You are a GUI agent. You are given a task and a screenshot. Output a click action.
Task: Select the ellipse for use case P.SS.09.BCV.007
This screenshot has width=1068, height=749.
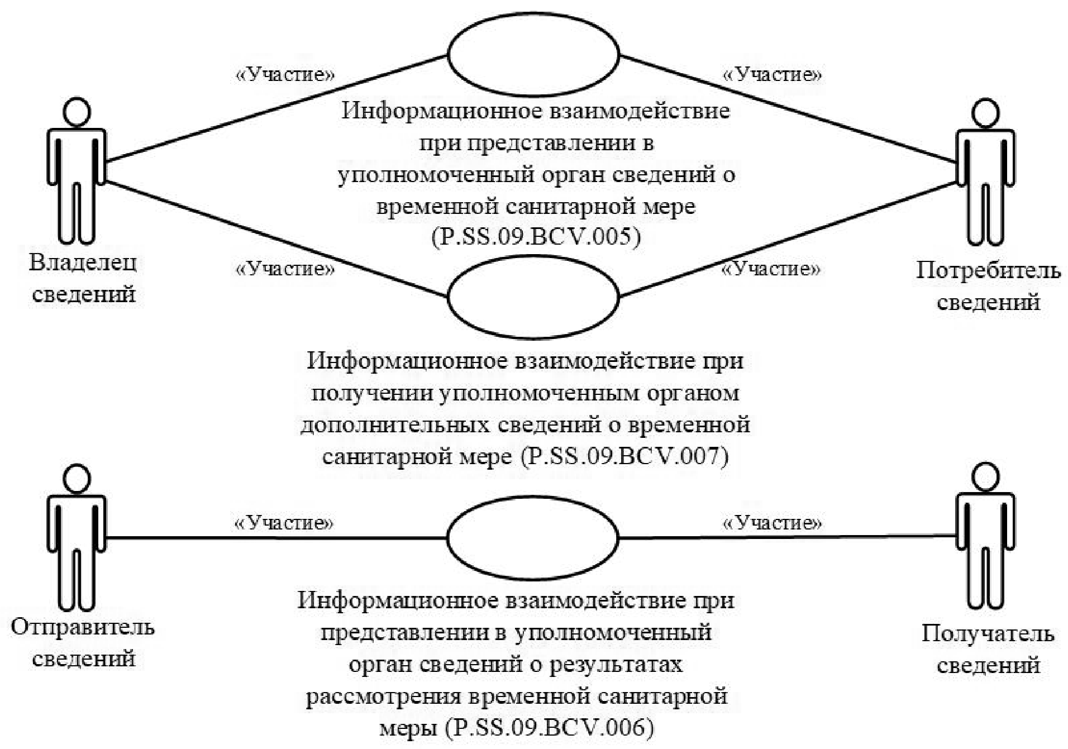coord(533,296)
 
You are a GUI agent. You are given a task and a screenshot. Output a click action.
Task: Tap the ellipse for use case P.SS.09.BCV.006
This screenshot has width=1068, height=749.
coord(533,537)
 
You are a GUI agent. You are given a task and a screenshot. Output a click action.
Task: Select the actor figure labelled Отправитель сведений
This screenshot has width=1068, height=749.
coord(77,537)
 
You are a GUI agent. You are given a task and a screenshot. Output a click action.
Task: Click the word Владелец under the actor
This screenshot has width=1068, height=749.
coord(83,263)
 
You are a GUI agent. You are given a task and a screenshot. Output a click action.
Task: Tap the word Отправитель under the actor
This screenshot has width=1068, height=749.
coord(83,627)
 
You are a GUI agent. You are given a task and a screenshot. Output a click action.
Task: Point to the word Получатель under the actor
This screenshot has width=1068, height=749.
coord(988,633)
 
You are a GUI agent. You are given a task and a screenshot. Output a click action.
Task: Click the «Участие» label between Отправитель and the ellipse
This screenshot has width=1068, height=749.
coord(284,523)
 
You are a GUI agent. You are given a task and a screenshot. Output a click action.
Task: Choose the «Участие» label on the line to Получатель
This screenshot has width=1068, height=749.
coord(773,523)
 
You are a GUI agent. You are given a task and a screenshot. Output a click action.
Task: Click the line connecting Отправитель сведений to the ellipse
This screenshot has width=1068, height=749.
coord(276,538)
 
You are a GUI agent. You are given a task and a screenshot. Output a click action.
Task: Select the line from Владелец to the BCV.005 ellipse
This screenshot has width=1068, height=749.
coord(276,108)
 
